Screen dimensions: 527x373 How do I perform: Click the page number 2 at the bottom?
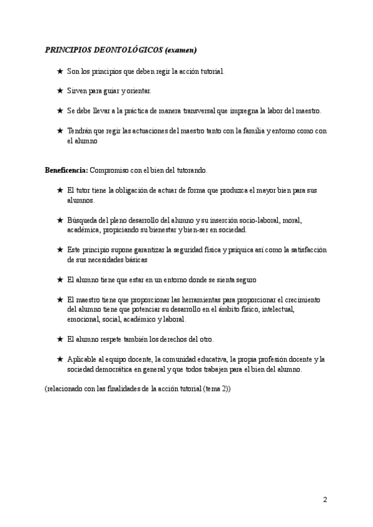325,499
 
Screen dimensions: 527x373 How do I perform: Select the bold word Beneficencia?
67,170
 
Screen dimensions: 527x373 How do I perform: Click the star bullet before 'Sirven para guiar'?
60,91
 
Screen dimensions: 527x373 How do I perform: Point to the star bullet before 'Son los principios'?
60,71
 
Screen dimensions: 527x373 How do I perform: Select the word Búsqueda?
83,220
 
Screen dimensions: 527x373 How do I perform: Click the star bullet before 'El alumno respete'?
60,339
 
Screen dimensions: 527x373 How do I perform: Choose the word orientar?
137,91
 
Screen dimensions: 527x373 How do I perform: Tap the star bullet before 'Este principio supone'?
60,249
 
